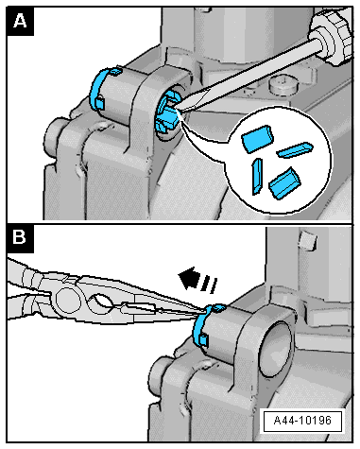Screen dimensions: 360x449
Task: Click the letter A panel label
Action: coord(20,22)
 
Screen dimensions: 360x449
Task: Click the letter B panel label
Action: coord(20,237)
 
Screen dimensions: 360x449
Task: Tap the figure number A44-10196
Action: coord(302,421)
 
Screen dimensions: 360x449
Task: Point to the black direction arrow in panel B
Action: coord(197,279)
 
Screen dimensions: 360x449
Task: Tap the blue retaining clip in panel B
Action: coord(205,326)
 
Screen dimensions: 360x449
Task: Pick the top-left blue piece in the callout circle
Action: coord(257,139)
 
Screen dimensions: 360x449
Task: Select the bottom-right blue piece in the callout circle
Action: coord(284,183)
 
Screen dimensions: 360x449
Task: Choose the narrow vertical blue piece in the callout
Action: coord(257,176)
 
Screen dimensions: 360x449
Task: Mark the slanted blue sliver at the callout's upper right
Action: coord(295,149)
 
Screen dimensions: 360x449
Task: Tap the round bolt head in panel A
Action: coord(283,84)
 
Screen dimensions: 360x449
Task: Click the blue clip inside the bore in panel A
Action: coord(166,114)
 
